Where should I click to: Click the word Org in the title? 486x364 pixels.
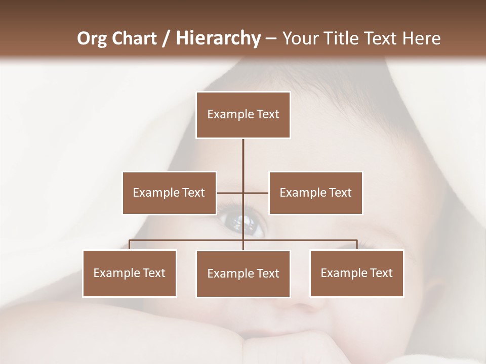coord(92,38)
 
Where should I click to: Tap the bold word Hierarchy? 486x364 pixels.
coord(218,38)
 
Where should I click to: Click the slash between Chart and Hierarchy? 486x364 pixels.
coord(166,38)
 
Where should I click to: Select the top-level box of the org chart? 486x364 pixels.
coord(243,115)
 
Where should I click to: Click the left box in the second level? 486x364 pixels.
coord(169,193)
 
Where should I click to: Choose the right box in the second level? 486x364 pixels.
coord(315,193)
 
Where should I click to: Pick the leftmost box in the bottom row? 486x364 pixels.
coord(130,273)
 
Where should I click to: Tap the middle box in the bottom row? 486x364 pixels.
coord(243,274)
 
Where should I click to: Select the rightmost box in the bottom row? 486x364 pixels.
coord(356,273)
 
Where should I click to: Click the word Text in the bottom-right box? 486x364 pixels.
coord(381,273)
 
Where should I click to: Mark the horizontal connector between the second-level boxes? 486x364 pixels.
coord(256,193)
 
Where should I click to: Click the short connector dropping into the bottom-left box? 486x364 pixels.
coord(130,245)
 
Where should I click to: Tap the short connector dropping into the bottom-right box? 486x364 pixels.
coord(357,245)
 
